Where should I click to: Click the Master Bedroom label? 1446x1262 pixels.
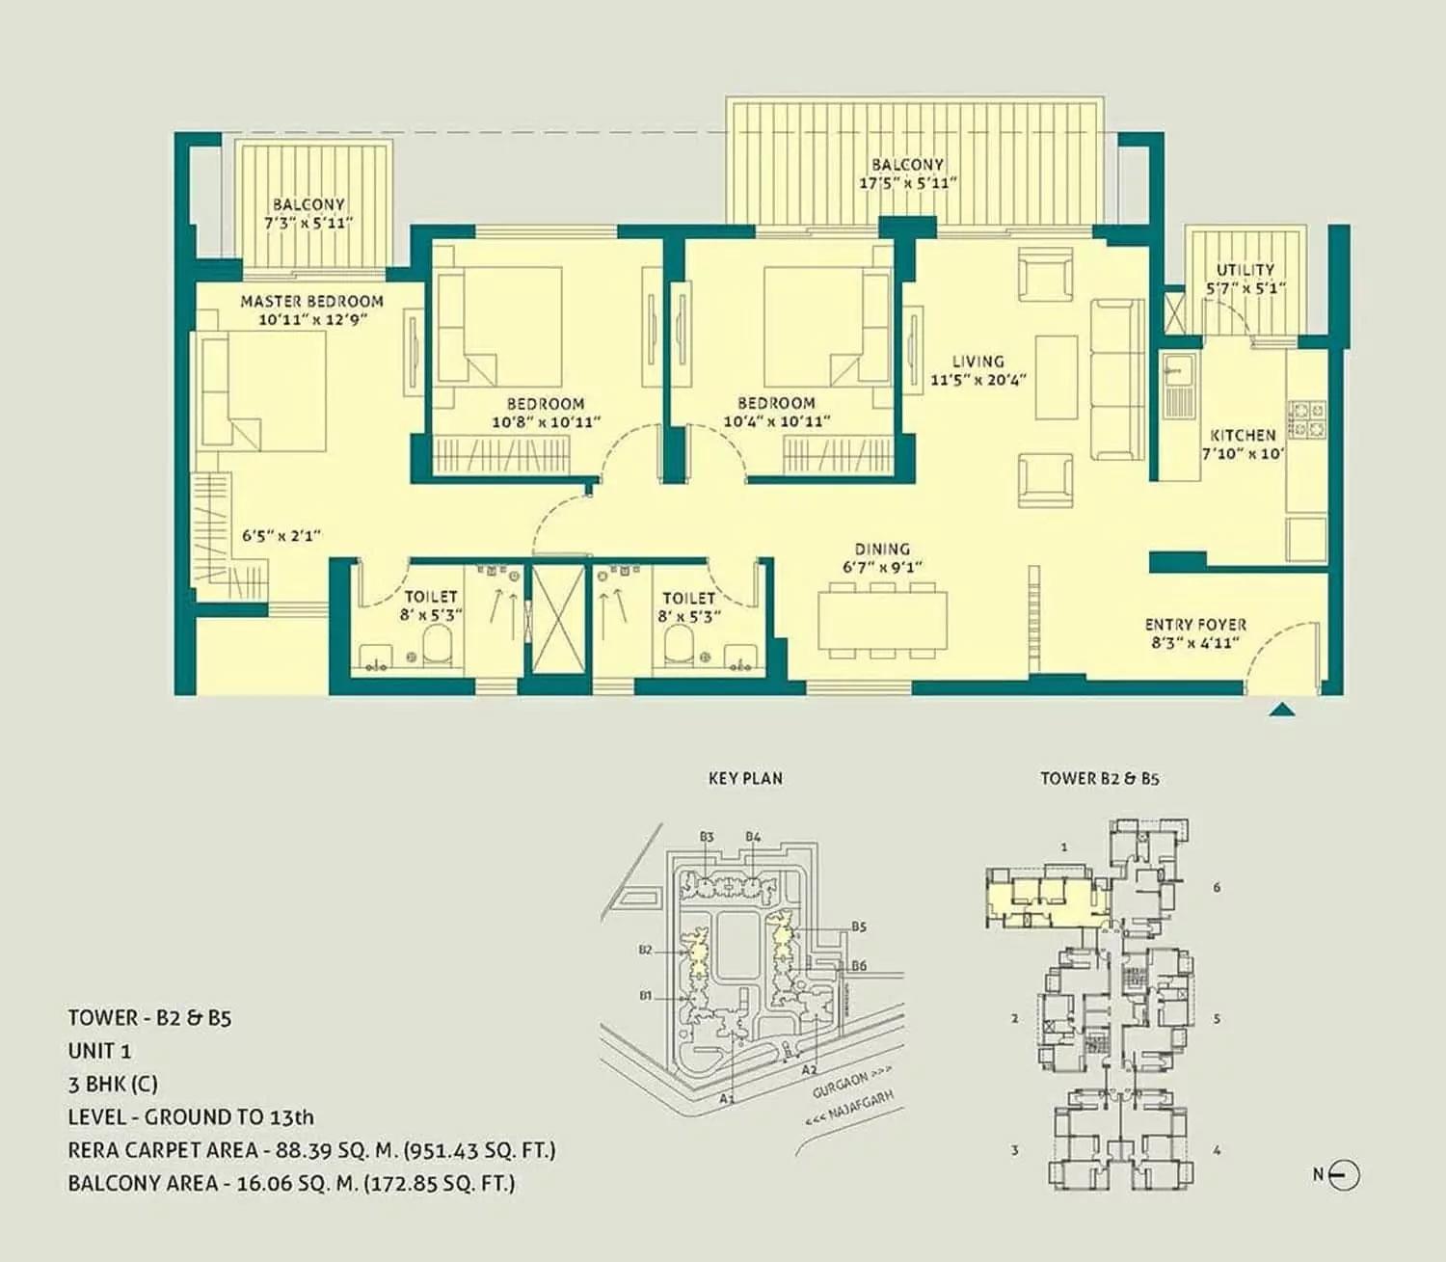(x=311, y=301)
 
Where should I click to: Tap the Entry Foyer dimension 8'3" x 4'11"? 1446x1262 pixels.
(x=1194, y=643)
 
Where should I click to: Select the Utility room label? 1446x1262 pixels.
(x=1245, y=270)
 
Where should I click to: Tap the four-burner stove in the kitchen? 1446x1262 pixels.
(x=1307, y=418)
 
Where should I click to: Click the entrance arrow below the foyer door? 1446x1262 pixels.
(x=1280, y=711)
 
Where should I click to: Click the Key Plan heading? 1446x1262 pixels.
(x=745, y=778)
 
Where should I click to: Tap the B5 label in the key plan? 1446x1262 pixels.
(x=858, y=926)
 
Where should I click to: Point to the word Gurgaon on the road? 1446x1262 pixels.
(x=838, y=1084)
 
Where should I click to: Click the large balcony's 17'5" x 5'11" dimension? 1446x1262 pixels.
(x=907, y=183)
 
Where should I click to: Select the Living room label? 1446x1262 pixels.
(x=977, y=362)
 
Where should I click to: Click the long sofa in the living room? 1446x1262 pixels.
(x=1117, y=380)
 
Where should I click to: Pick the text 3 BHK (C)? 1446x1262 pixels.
(x=113, y=1084)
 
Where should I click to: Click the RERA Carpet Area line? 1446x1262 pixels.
(x=311, y=1150)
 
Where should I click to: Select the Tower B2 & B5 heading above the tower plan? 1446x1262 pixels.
(x=1099, y=778)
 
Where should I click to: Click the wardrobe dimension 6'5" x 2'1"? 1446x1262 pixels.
(x=281, y=535)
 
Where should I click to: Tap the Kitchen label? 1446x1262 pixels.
(x=1243, y=435)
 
